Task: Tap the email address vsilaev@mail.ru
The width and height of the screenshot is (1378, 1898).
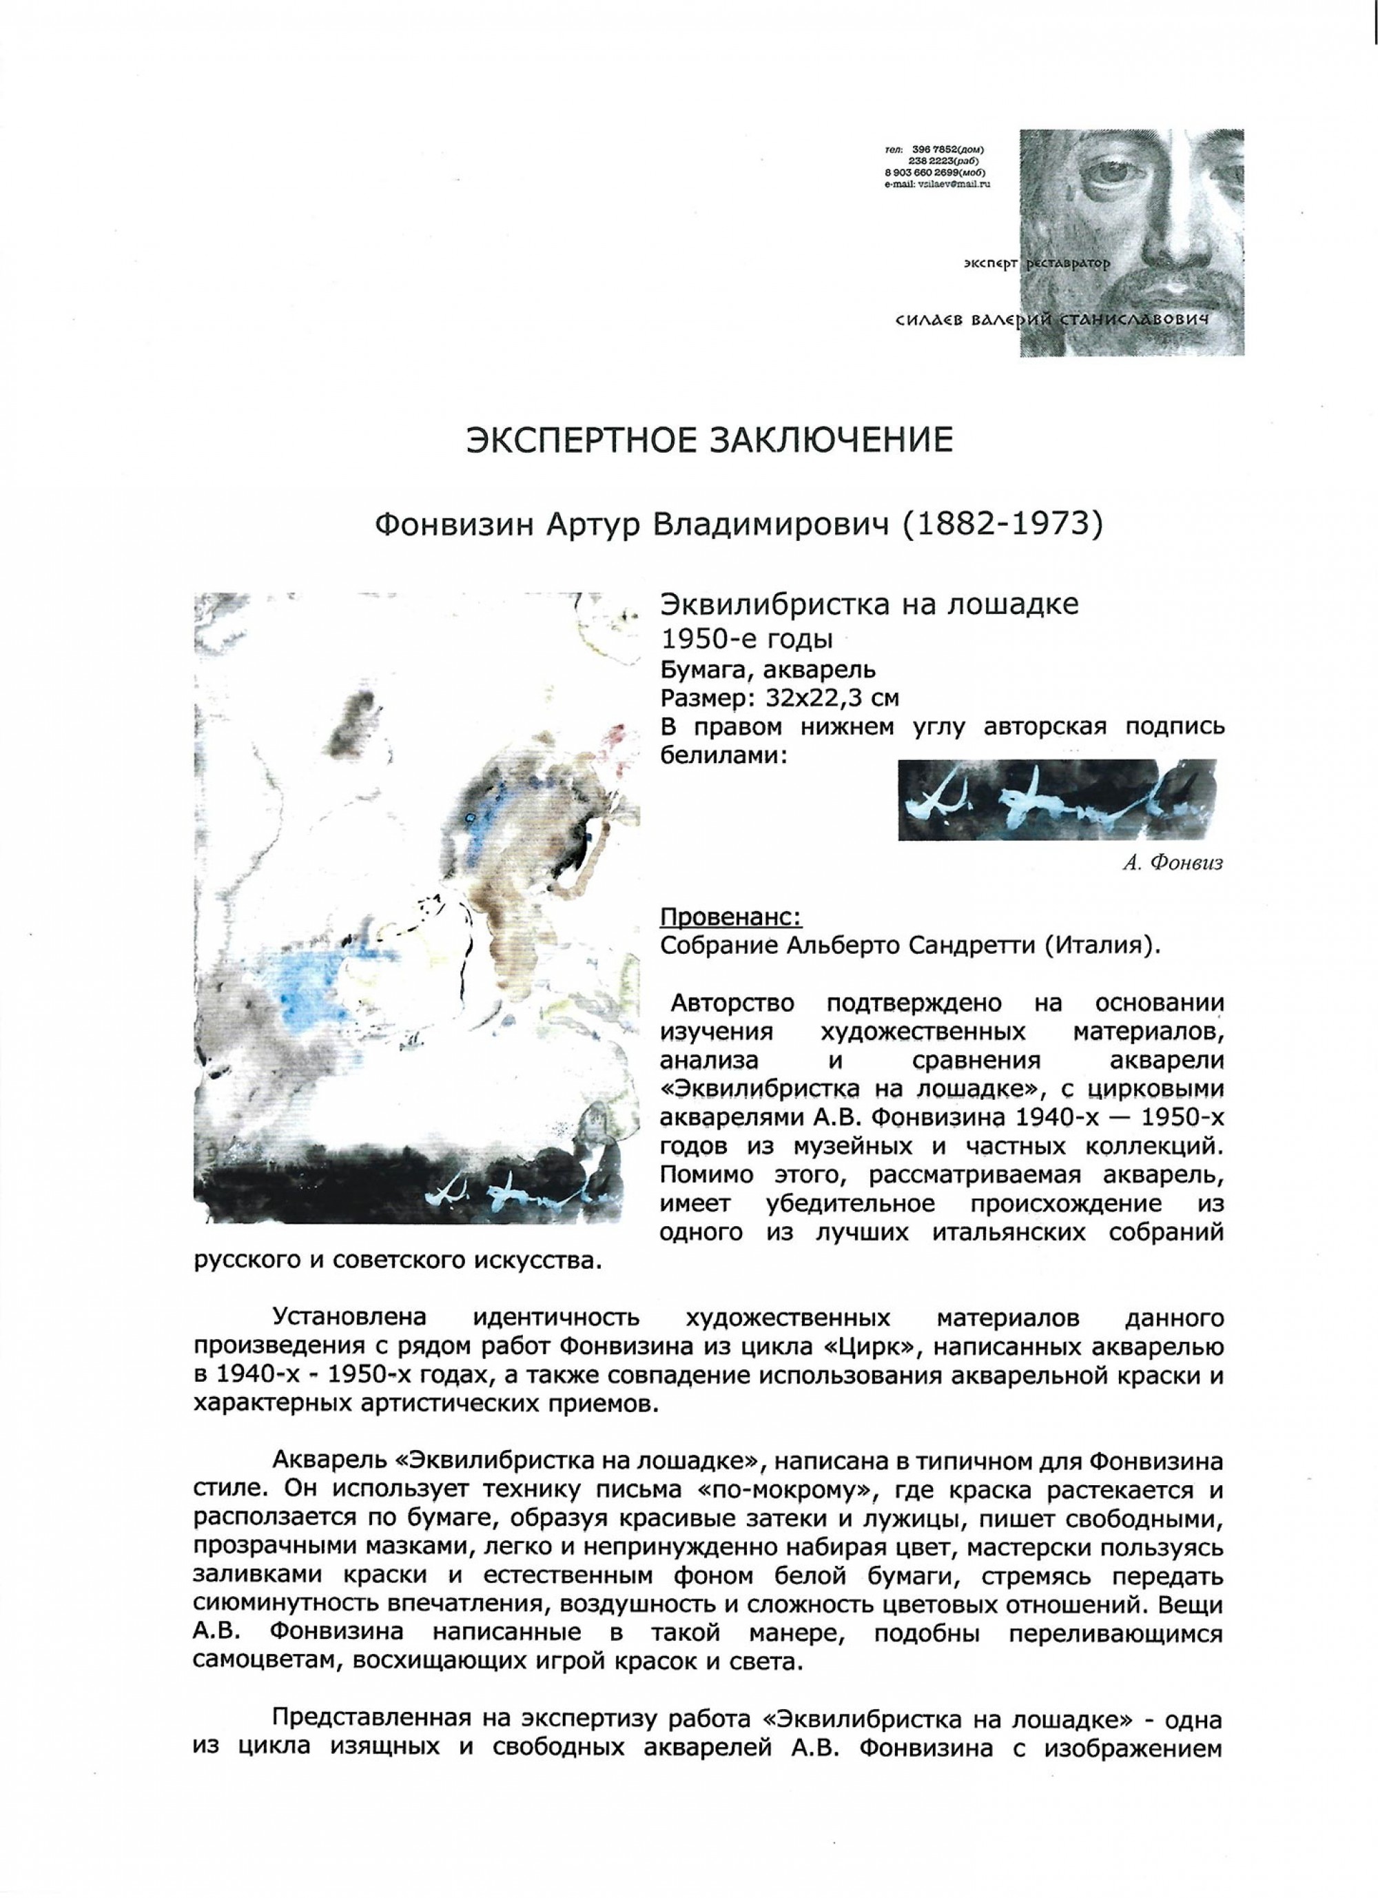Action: (x=949, y=183)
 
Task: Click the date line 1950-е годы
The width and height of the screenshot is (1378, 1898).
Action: (x=746, y=640)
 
